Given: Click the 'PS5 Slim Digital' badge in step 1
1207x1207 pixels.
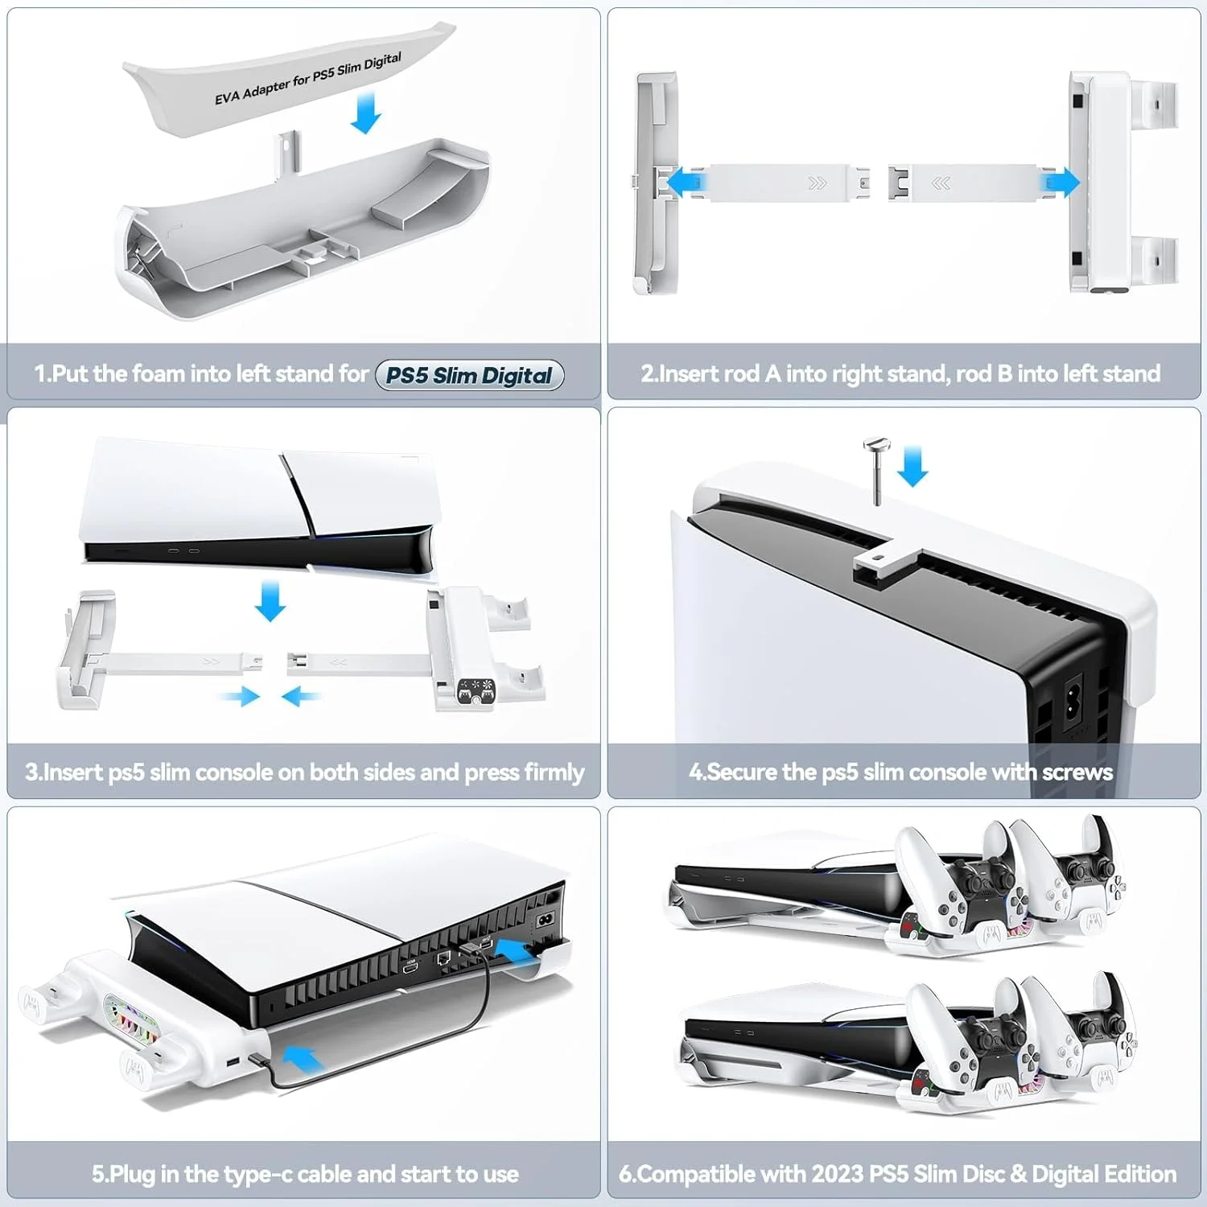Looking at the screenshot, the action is click(x=470, y=375).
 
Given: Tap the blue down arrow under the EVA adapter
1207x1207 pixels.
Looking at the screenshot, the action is click(x=366, y=112).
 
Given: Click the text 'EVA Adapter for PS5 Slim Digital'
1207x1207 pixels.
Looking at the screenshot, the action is click(x=308, y=79).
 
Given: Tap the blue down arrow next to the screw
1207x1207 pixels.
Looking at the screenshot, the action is click(x=912, y=467).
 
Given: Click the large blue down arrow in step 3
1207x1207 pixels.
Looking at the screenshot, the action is click(x=270, y=601).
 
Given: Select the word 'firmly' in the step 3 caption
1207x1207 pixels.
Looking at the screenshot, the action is click(x=554, y=772).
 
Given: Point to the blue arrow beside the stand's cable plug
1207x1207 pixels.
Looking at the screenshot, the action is click(x=303, y=1057).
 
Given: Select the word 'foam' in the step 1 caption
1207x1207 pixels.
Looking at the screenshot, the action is click(x=158, y=373).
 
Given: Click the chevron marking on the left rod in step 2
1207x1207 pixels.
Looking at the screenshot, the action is click(x=818, y=183).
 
